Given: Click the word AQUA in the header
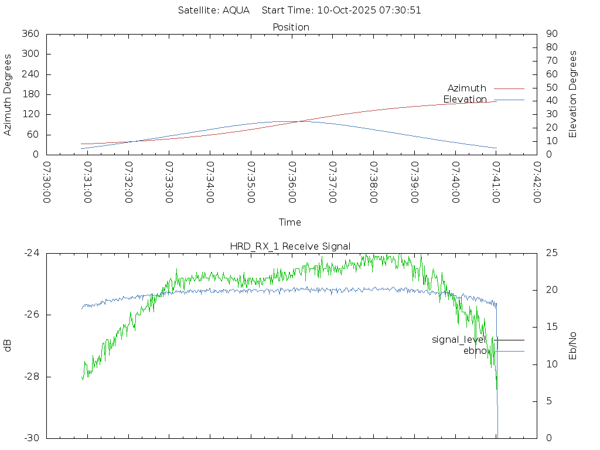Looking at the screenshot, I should (236, 10).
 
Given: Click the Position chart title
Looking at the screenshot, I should (291, 27).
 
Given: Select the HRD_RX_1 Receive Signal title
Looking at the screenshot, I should (291, 246).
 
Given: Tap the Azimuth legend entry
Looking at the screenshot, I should (467, 88).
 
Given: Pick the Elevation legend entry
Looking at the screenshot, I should (465, 99).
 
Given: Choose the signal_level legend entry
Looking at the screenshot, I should (459, 339).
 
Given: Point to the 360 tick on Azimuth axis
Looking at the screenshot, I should (30, 34).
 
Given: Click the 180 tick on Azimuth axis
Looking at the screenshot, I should (30, 94).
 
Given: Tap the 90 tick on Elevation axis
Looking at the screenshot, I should (551, 34).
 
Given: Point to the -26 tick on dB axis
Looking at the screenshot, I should (31, 315).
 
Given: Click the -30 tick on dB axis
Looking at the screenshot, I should (31, 438).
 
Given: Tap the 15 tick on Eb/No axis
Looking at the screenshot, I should (551, 327).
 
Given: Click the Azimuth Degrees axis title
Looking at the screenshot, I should (8, 94).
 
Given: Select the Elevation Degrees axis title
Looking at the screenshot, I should (573, 94).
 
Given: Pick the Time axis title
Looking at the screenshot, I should (290, 222).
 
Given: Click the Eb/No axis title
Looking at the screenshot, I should (573, 346).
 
